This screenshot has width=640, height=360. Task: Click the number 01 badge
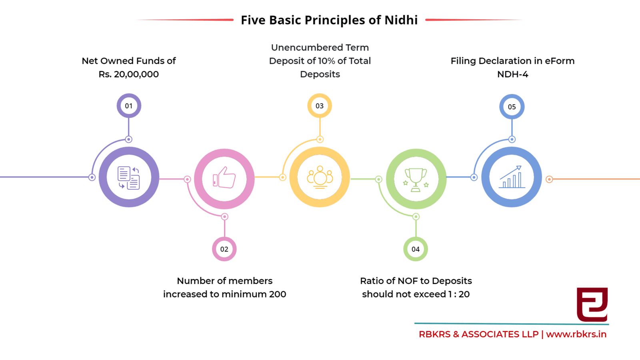[129, 106]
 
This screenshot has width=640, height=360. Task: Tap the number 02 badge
[224, 249]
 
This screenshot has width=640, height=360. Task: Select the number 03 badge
[320, 106]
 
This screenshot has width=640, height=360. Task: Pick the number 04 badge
[416, 249]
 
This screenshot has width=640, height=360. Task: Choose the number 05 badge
[512, 107]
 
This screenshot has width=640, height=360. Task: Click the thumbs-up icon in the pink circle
[224, 178]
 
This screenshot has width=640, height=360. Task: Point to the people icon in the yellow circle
[320, 177]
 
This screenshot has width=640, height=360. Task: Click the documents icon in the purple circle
[128, 178]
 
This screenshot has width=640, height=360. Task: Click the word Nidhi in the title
[401, 20]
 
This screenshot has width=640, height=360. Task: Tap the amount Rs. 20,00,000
[128, 74]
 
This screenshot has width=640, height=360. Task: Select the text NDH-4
[512, 74]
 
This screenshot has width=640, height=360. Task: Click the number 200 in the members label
[278, 294]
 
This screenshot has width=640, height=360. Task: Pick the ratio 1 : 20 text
[458, 294]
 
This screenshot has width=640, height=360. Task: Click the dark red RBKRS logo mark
[592, 304]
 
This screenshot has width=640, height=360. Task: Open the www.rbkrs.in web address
[576, 334]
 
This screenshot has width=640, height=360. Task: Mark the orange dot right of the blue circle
[549, 180]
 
